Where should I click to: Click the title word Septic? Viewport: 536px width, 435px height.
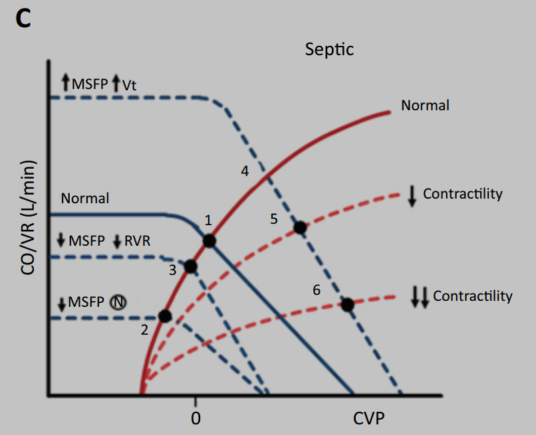click(329, 49)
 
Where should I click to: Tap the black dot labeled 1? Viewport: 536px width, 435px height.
click(209, 240)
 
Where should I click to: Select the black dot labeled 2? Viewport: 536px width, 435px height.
click(166, 316)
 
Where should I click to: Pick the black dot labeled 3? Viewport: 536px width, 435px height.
click(191, 266)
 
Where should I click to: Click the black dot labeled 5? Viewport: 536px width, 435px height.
click(300, 228)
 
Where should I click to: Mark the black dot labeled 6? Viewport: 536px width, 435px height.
click(346, 305)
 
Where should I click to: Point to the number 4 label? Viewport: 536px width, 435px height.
click(245, 171)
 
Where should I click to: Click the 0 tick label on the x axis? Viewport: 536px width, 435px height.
click(196, 418)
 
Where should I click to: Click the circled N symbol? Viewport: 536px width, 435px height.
click(117, 303)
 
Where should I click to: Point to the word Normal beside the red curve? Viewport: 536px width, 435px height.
click(425, 105)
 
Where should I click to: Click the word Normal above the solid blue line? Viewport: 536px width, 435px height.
click(84, 198)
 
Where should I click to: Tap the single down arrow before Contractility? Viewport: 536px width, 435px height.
click(412, 195)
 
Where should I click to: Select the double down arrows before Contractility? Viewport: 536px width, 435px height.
click(419, 296)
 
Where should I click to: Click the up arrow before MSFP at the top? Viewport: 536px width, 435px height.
click(65, 83)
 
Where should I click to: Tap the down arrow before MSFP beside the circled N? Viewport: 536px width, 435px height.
click(62, 304)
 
